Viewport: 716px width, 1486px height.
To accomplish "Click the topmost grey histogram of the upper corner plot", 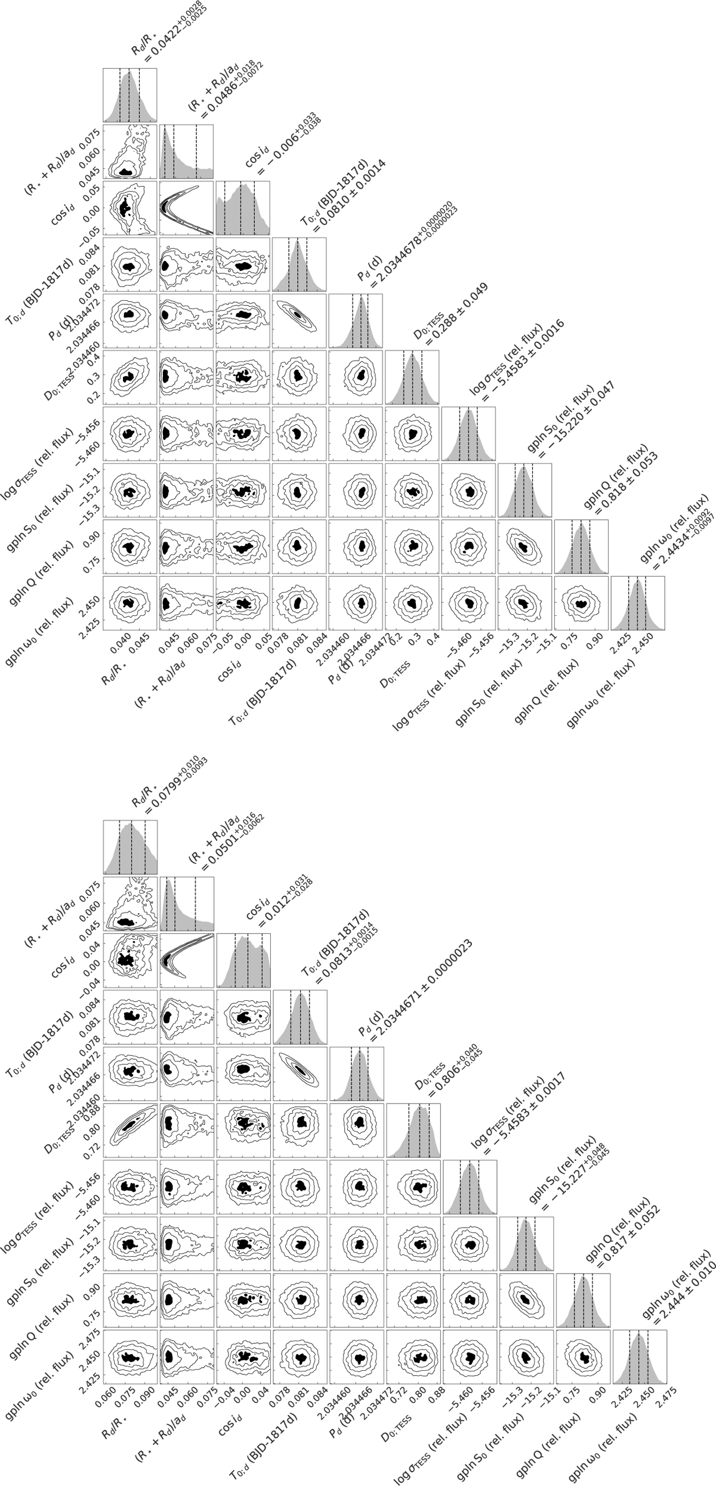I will [x=129, y=95].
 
